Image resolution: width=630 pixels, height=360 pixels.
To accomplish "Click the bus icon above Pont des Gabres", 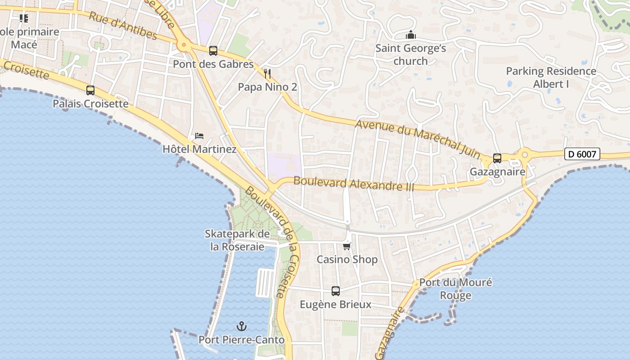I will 213,51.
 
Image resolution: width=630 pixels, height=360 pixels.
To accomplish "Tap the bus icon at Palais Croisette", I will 90,90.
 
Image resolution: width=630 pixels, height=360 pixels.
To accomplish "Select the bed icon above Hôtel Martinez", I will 199,135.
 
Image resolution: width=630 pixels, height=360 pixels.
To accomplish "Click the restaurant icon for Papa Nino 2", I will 268,73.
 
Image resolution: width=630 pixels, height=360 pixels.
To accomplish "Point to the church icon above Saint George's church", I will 410,35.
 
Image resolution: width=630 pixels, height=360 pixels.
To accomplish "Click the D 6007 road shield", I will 582,154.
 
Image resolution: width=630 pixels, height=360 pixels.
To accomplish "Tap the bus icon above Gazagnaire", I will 497,158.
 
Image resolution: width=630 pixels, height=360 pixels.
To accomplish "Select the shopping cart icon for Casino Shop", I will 347,246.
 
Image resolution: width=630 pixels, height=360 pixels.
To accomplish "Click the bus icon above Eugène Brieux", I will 336,291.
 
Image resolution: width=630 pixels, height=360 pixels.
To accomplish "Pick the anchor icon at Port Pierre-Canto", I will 242,326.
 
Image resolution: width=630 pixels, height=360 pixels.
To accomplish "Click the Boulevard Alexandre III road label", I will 354,183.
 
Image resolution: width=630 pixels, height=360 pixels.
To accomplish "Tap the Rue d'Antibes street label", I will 123,26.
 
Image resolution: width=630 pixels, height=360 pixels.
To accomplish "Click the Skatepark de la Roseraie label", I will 237,240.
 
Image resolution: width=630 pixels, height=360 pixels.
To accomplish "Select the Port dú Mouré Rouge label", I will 455,289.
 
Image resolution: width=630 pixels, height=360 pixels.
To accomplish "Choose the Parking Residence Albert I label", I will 551,77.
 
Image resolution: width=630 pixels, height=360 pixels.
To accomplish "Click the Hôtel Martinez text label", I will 199,149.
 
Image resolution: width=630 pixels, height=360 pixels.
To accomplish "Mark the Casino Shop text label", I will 347,260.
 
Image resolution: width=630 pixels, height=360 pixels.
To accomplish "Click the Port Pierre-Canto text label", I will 242,340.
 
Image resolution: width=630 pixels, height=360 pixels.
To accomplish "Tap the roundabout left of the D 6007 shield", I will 524,155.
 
